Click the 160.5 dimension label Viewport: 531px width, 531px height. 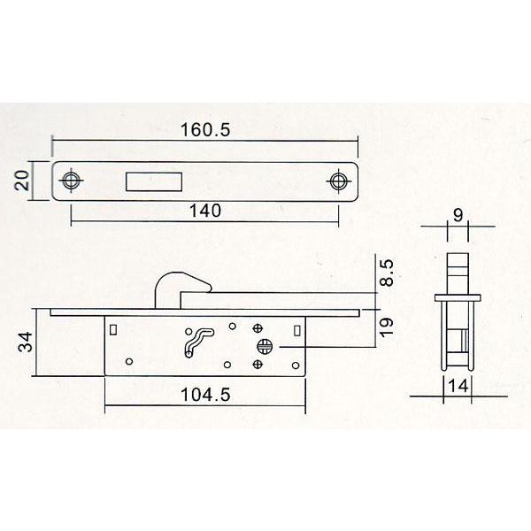205,129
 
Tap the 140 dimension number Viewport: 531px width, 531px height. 205,211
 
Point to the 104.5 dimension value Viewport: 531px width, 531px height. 205,395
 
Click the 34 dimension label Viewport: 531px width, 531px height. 26,342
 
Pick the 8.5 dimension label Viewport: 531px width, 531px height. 386,273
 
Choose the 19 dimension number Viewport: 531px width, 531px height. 386,327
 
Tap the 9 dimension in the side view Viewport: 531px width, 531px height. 458,215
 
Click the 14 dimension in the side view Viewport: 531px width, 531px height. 458,386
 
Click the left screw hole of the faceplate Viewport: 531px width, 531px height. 71,180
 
